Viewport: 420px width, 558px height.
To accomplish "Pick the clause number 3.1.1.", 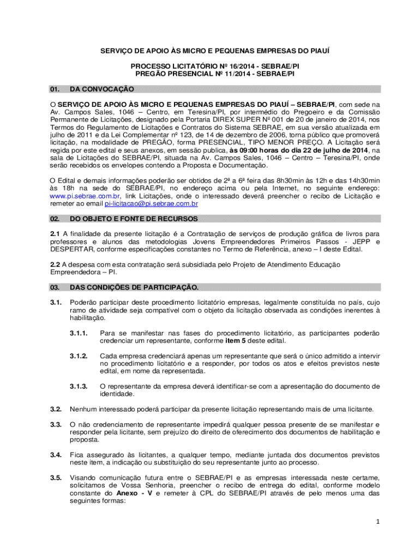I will pos(79,333).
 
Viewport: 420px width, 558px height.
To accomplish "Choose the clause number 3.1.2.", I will pos(79,356).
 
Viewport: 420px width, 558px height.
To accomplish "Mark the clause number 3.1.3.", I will pos(79,386).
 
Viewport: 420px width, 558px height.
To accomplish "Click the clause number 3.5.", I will pos(55,478).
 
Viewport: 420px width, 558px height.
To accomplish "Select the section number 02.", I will pos(55,219).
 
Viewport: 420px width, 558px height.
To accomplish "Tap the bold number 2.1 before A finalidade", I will pos(56,234).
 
